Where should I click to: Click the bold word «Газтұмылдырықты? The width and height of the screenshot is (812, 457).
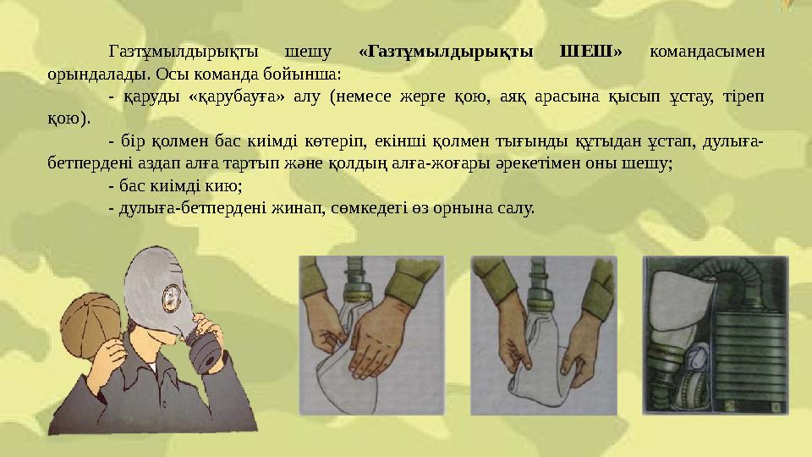click(x=447, y=52)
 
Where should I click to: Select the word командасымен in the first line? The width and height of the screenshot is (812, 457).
click(x=708, y=52)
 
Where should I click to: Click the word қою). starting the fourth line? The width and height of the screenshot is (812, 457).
click(x=68, y=118)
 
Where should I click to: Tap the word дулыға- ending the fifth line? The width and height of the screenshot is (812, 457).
click(x=735, y=140)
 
